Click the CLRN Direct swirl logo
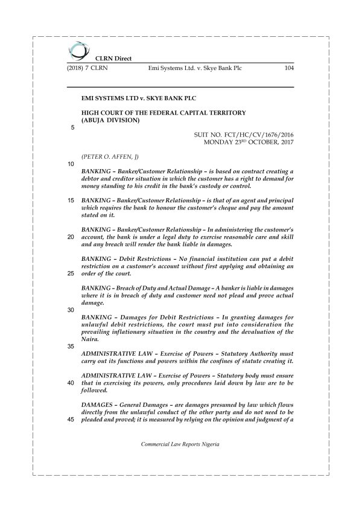pyautogui.click(x=78, y=50)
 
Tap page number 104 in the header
pyautogui.click(x=288, y=68)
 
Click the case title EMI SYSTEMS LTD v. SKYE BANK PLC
pyautogui.click(x=138, y=97)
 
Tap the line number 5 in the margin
pyautogui.click(x=74, y=127)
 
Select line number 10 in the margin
pyautogui.click(x=72, y=164)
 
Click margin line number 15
pyautogui.click(x=72, y=200)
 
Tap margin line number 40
pyautogui.click(x=72, y=383)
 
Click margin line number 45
pyautogui.click(x=72, y=420)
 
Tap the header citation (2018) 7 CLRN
pyautogui.click(x=88, y=68)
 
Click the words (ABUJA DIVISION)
pyautogui.click(x=110, y=120)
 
